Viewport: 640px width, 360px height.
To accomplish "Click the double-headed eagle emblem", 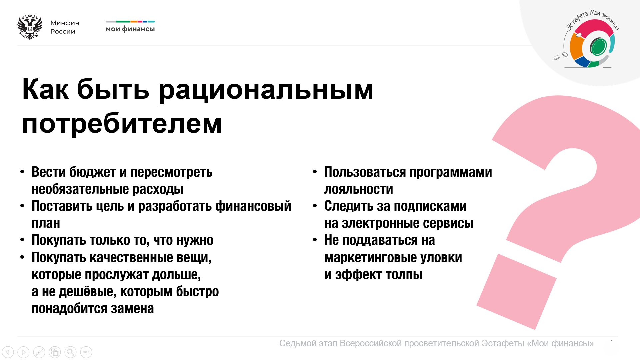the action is (x=30, y=27).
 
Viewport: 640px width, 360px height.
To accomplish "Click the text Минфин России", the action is (x=65, y=27).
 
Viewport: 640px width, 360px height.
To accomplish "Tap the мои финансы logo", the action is (x=130, y=26).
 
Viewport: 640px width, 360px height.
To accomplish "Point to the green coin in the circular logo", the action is (x=598, y=46).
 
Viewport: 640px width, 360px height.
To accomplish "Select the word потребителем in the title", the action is (x=122, y=124).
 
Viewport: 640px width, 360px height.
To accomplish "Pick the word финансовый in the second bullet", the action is (x=253, y=206).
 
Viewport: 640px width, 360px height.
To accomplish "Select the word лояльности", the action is (x=359, y=189).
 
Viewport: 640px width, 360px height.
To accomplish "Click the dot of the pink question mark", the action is (x=517, y=292).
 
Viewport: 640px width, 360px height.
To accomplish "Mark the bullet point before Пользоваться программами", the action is (x=315, y=172).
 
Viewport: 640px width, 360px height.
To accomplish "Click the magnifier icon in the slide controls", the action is (x=70, y=352).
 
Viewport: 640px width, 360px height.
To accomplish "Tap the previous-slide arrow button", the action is (x=8, y=352).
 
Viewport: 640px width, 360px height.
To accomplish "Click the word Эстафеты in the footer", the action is (x=503, y=343).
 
